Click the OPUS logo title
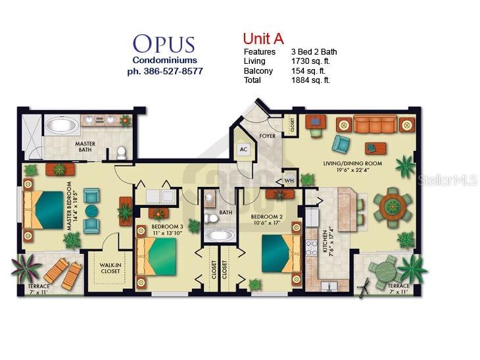point(164,44)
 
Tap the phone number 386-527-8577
point(174,71)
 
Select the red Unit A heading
point(263,39)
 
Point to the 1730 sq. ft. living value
point(310,61)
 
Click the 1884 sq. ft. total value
point(310,80)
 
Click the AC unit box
point(243,149)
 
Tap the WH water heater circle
point(289,180)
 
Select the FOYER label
point(267,136)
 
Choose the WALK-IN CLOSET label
point(110,268)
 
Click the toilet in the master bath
point(122,152)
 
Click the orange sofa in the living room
point(375,124)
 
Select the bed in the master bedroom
point(43,210)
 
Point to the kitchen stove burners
point(312,248)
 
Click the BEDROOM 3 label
point(167,226)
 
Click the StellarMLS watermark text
point(448,180)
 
